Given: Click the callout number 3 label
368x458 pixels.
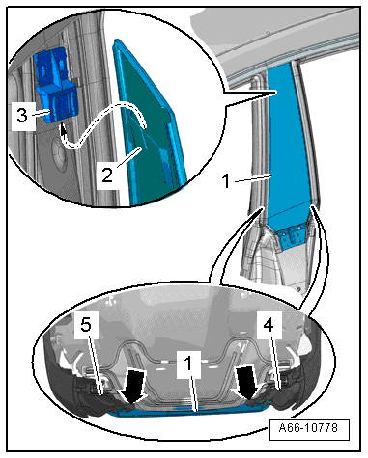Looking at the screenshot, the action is pyautogui.click(x=22, y=116).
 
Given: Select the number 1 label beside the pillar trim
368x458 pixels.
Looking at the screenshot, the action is pyautogui.click(x=227, y=181).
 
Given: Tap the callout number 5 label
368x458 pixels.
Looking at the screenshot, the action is pyautogui.click(x=86, y=325).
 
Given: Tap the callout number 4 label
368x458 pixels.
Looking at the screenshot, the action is pyautogui.click(x=269, y=325).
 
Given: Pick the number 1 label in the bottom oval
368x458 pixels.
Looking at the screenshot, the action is pyautogui.click(x=188, y=364).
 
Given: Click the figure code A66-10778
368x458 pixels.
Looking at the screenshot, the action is pyautogui.click(x=308, y=428).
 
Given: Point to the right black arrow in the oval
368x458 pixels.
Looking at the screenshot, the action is pyautogui.click(x=248, y=384).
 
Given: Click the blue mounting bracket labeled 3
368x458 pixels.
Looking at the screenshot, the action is pyautogui.click(x=55, y=86).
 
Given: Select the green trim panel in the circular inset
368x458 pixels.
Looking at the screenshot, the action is pyautogui.click(x=149, y=125).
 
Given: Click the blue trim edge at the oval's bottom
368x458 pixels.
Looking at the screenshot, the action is pyautogui.click(x=190, y=412).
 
